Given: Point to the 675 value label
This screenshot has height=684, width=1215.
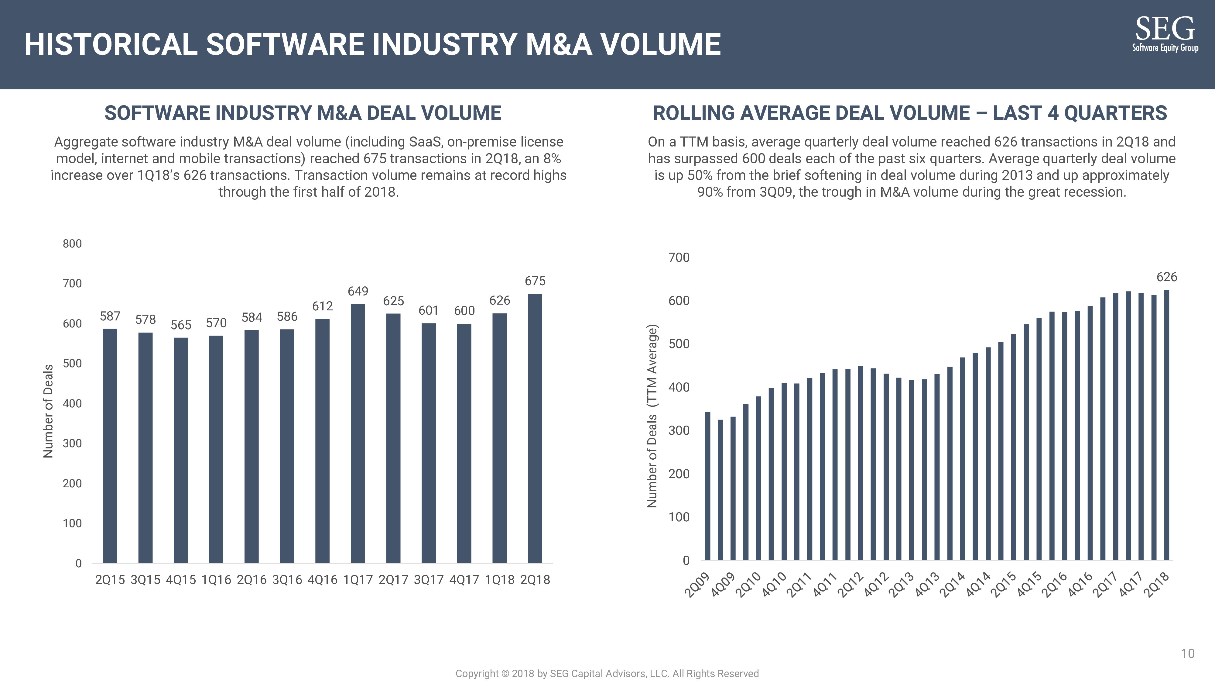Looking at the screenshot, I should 535,281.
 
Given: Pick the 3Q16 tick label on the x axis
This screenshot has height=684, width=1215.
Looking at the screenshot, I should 287,580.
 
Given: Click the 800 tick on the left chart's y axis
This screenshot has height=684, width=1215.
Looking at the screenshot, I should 72,244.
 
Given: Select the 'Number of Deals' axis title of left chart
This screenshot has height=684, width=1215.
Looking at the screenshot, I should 48,411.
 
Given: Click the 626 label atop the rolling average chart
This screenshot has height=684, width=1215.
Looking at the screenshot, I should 1166,277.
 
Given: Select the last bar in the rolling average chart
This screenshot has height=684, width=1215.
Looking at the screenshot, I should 1166,425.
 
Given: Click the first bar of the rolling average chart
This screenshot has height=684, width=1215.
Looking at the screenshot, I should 707,486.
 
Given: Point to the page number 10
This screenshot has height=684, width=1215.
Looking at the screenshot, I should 1187,653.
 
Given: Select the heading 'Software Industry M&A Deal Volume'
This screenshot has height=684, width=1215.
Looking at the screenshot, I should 303,113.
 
